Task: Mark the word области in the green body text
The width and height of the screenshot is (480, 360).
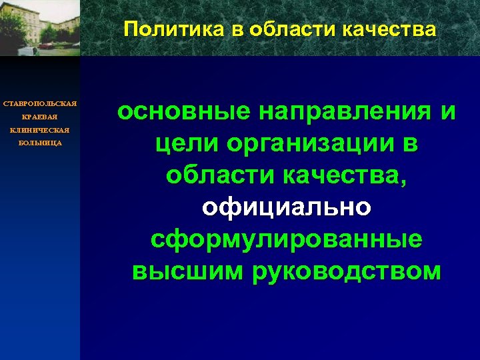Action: (x=219, y=175)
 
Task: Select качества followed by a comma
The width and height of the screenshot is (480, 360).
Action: (x=347, y=175)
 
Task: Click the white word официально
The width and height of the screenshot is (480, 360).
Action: (x=286, y=207)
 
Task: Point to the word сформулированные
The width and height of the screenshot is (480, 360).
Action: (x=286, y=239)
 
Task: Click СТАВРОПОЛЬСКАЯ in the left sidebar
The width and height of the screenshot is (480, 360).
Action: (x=40, y=103)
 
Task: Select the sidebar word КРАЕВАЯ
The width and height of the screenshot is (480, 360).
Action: (x=40, y=117)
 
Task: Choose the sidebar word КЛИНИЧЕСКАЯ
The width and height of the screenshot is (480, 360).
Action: (x=40, y=130)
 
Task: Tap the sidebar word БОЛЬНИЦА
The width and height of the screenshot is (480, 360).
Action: (x=40, y=143)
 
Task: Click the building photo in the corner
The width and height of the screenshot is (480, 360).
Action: (x=40, y=27)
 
